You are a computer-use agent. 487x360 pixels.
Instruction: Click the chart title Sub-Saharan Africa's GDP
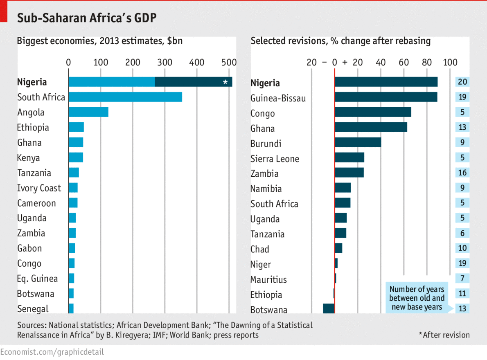[87, 18]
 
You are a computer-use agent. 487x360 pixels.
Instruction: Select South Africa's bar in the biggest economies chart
[125, 97]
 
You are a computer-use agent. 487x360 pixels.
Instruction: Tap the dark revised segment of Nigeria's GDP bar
[193, 82]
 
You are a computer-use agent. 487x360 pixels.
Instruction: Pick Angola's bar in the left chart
[88, 112]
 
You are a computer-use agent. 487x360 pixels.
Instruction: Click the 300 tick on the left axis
[165, 63]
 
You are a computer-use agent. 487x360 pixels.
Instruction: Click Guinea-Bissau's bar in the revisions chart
[386, 97]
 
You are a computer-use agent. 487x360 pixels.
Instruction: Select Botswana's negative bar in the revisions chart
[329, 308]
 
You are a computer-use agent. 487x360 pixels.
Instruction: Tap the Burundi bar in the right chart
[358, 142]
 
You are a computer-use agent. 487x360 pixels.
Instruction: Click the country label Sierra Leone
[275, 159]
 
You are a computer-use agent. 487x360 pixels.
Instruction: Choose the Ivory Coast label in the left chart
[39, 188]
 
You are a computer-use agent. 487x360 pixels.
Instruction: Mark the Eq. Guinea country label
[37, 279]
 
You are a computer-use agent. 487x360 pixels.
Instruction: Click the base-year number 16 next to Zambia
[462, 173]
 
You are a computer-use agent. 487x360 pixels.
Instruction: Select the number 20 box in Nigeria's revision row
[462, 82]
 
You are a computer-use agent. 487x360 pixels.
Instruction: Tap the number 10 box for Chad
[462, 248]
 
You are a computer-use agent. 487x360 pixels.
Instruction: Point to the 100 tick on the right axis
[450, 63]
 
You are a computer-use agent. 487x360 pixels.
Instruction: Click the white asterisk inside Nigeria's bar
[225, 82]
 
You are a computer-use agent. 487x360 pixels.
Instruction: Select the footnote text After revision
[444, 335]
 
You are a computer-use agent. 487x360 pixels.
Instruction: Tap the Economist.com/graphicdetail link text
[52, 352]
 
